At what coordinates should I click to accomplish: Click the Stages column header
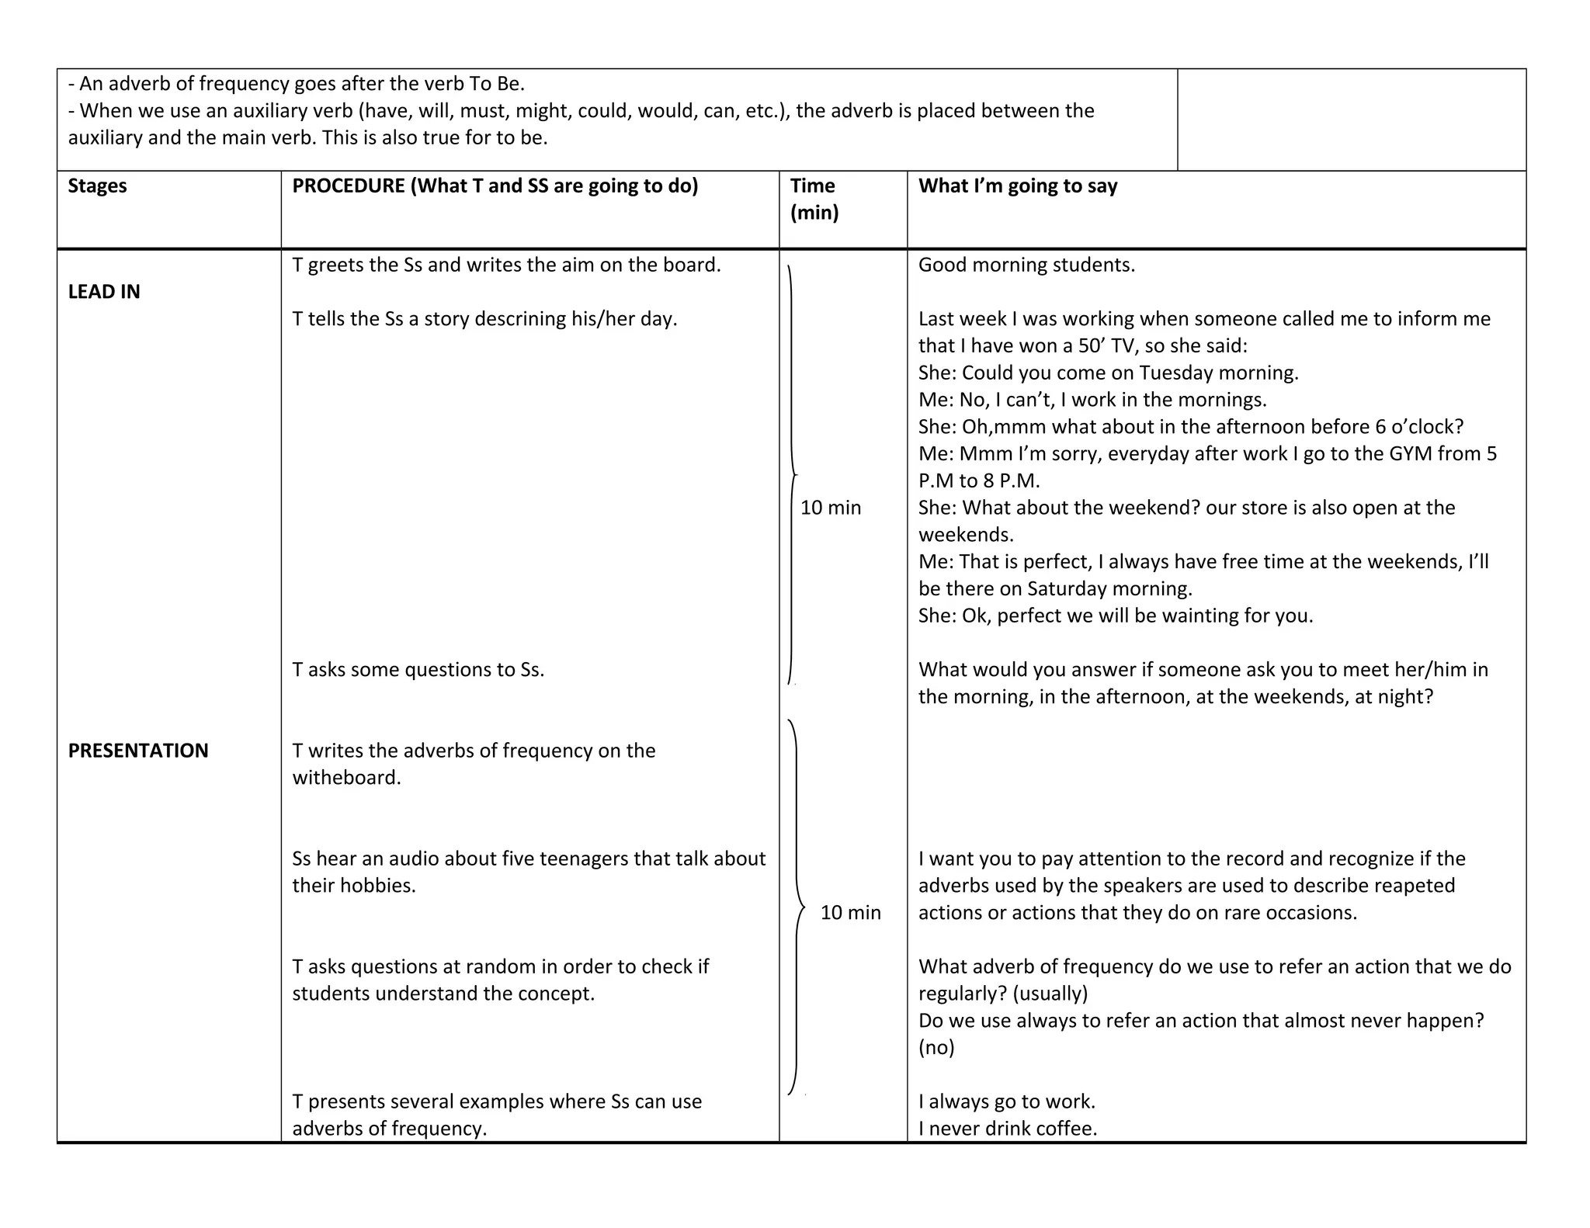(97, 186)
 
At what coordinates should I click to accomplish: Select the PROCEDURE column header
(495, 186)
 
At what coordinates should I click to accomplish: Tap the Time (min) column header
(814, 199)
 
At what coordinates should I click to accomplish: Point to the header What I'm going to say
(1017, 186)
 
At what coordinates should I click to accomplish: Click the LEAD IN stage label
(104, 292)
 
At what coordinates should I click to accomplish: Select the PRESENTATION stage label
(138, 751)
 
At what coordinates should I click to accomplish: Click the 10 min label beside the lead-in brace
(831, 508)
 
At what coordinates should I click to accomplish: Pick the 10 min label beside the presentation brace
(850, 913)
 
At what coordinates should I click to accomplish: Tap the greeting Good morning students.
(1026, 265)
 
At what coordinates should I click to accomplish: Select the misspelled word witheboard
(346, 778)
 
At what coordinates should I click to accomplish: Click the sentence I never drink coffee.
(1008, 1129)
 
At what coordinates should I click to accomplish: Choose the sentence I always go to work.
(1006, 1101)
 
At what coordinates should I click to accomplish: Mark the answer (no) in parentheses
(936, 1048)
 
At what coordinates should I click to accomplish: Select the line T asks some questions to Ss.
(418, 670)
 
